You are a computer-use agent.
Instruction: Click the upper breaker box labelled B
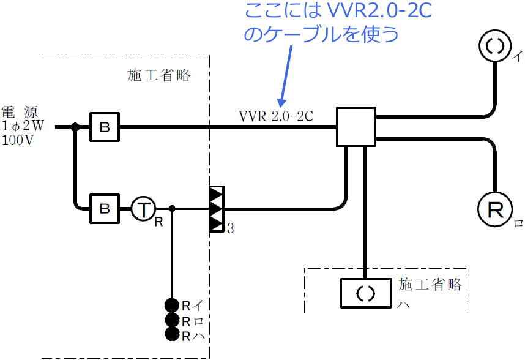coord(105,127)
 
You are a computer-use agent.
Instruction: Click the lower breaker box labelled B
coord(105,209)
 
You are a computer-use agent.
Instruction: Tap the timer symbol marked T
coord(143,209)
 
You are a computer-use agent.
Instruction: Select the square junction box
coord(356,127)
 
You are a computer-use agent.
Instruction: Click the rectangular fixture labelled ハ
coord(365,293)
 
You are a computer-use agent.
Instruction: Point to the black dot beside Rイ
coord(172,306)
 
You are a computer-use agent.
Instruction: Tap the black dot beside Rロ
coord(172,320)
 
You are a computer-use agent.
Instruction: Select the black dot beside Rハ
coord(172,334)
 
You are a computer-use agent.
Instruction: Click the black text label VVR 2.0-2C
coord(276,115)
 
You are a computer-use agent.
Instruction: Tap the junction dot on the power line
coord(75,127)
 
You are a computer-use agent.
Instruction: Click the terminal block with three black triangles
coord(216,209)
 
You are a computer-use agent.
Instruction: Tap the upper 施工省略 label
coord(159,76)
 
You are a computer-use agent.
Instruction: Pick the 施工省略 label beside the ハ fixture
coord(431,285)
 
